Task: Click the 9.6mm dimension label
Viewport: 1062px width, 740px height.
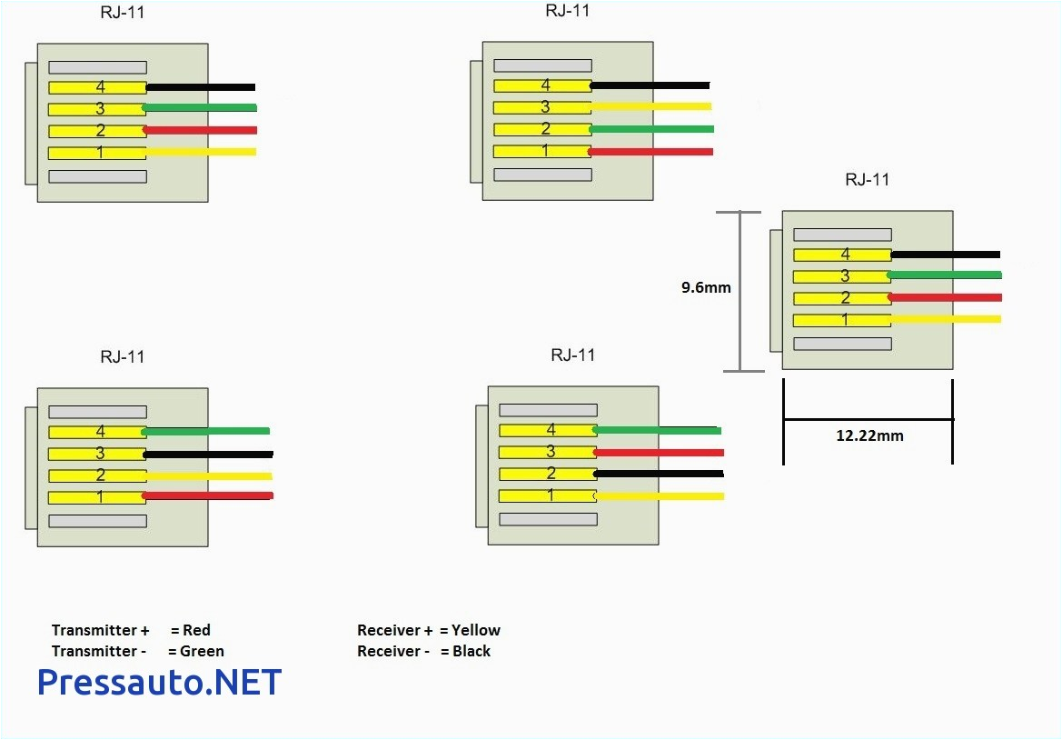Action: tap(706, 288)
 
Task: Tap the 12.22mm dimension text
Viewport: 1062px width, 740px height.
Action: tap(869, 435)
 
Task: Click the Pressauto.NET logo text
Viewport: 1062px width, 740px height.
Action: tap(159, 682)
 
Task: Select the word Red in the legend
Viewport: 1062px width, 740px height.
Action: tap(196, 630)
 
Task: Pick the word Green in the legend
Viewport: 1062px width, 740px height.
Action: tap(202, 651)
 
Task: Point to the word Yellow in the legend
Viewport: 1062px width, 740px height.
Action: tap(475, 630)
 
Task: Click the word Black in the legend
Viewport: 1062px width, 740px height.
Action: tap(471, 651)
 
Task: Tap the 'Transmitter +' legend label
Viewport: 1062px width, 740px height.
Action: tap(100, 630)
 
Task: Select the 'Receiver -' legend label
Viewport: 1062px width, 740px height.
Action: tap(393, 651)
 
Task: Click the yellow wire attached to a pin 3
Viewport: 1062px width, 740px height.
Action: tap(650, 106)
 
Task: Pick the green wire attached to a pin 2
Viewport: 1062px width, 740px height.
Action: tap(650, 129)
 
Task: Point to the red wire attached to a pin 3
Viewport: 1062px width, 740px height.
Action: tap(659, 452)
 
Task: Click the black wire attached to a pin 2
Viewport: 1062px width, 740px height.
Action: tap(659, 474)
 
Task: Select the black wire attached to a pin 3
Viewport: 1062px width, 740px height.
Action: tap(208, 454)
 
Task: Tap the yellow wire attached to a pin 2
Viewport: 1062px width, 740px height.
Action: tap(208, 475)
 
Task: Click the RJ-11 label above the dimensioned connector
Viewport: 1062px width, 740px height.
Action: tap(867, 179)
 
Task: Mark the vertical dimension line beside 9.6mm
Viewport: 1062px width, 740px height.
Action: tap(739, 291)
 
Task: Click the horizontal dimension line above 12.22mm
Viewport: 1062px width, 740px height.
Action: tap(868, 419)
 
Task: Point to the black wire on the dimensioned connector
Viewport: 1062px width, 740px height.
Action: tap(945, 255)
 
